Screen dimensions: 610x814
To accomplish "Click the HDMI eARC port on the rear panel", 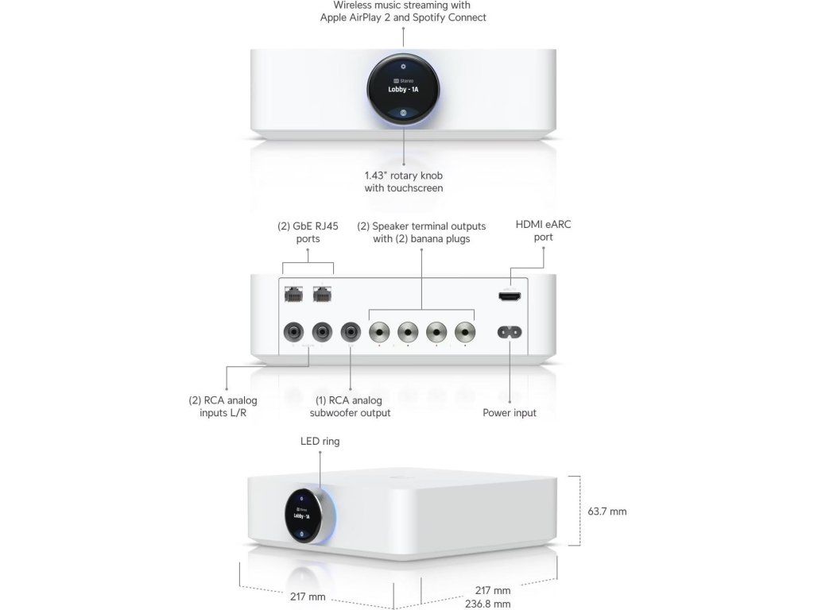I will tap(509, 296).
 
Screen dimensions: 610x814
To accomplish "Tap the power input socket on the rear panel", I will tap(509, 331).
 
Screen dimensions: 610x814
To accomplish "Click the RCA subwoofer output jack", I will tap(351, 330).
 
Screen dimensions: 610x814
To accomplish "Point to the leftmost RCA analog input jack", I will tap(293, 330).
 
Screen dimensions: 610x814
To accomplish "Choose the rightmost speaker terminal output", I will tap(464, 330).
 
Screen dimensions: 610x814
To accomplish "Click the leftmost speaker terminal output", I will tap(379, 330).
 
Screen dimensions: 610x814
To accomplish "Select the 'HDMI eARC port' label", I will tap(543, 230).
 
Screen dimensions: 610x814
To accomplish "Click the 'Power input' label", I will tap(510, 413).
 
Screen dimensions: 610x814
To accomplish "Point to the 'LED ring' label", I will tap(320, 441).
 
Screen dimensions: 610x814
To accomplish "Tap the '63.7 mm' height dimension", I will tap(607, 512).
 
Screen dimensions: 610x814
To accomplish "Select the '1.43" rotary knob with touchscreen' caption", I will tap(404, 182).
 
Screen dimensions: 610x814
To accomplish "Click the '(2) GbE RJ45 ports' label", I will tap(308, 232).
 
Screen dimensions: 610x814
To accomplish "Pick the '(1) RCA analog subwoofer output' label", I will tap(350, 407).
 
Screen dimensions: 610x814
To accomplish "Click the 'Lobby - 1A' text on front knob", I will tap(403, 91).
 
